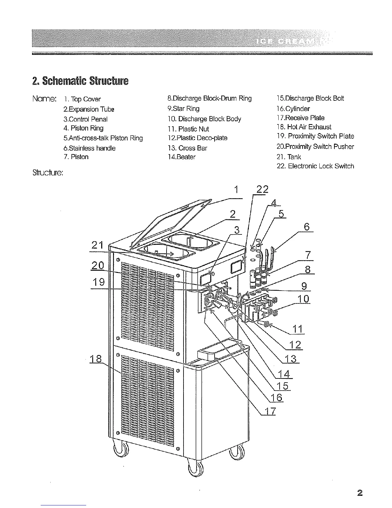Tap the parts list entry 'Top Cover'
(83, 99)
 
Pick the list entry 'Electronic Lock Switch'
(315, 166)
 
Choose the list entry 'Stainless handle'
(89, 148)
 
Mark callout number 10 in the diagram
(303, 299)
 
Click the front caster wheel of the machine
(195, 469)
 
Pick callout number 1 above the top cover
(236, 190)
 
